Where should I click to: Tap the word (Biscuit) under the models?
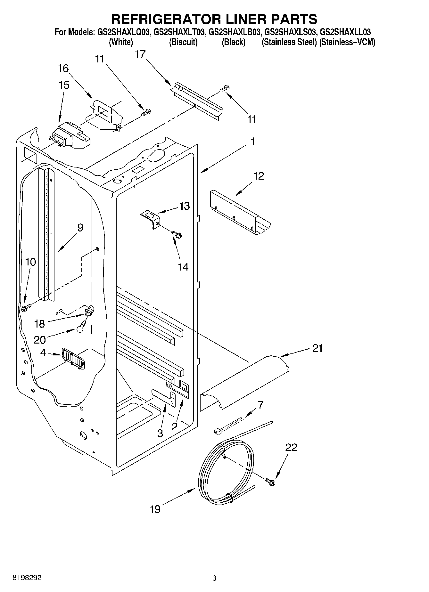pyautogui.click(x=183, y=42)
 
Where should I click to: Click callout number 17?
pyautogui.click(x=140, y=54)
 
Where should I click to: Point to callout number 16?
pyautogui.click(x=63, y=68)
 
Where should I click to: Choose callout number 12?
pyautogui.click(x=259, y=176)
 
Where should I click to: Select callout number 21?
pyautogui.click(x=317, y=348)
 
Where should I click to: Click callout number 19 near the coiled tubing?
pyautogui.click(x=155, y=509)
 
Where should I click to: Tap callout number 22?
pyautogui.click(x=291, y=447)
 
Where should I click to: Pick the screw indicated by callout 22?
pyautogui.click(x=270, y=481)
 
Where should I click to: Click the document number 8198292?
pyautogui.click(x=27, y=578)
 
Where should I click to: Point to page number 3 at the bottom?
pyautogui.click(x=214, y=578)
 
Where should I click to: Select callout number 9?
pyautogui.click(x=80, y=228)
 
